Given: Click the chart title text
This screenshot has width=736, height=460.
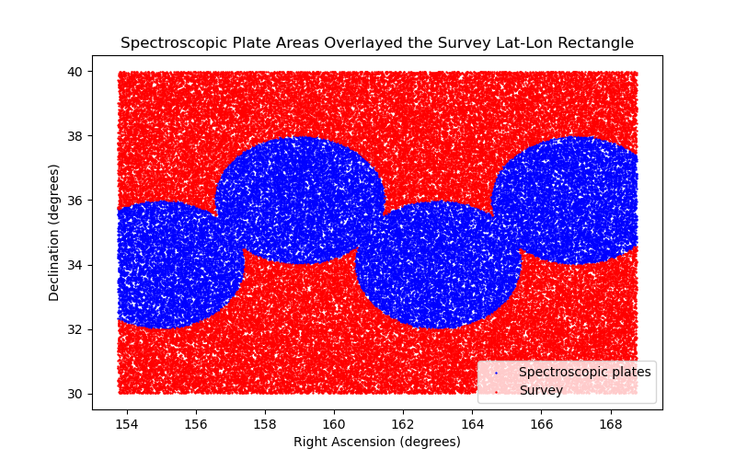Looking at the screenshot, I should click(377, 43).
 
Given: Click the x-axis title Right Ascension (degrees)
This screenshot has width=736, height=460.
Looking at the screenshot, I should click(377, 442).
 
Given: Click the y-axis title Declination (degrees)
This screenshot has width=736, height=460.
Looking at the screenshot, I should click(54, 232).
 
